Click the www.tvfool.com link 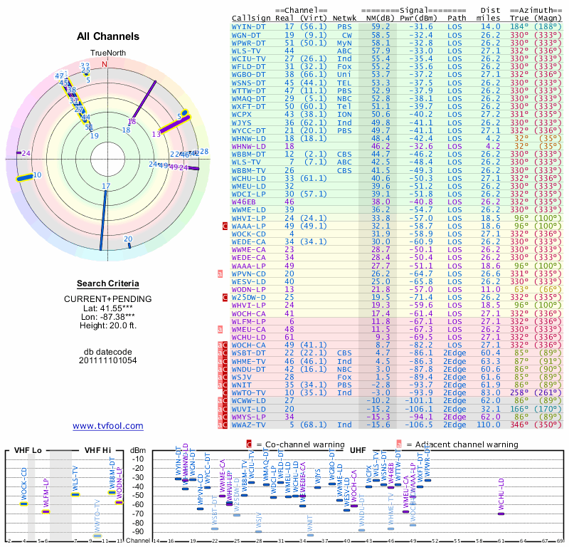pos(108,426)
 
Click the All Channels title pos(108,36)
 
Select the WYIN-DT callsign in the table pos(249,26)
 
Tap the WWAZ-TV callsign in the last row pos(249,424)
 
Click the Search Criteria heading pos(108,283)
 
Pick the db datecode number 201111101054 pos(108,360)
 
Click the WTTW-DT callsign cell pos(249,90)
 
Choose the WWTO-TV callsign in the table pos(249,392)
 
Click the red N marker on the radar pos(105,64)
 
